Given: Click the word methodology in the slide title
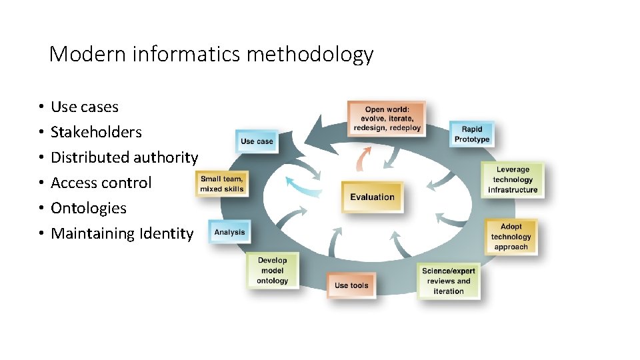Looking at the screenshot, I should coord(310,55).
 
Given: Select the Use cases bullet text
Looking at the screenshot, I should coord(85,107).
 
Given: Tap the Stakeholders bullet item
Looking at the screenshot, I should coord(96,132).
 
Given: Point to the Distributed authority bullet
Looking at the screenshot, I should coord(124,157).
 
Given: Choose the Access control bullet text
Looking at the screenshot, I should coord(101,183).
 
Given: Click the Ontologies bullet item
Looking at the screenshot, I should coord(89,208).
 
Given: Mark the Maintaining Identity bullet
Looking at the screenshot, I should coord(122,233).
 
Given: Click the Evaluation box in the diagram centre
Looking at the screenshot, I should coord(372,197).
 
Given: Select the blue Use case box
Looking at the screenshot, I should coord(257,141).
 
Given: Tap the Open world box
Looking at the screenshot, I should coord(387,119).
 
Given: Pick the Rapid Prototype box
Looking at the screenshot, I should coord(472,134).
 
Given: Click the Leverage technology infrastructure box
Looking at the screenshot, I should coord(513,180).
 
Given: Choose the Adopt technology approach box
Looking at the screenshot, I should coord(511,237).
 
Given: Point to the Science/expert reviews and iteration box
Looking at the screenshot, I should coord(449,281).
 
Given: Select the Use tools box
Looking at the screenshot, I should coord(351,285).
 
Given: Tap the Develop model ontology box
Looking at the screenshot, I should coord(273,271).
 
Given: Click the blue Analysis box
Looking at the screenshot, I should coord(229,232).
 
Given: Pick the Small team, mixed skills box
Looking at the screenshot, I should coord(222,184).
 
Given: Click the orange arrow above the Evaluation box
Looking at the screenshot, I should coord(363,159).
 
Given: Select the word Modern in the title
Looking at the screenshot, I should coord(87,55).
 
